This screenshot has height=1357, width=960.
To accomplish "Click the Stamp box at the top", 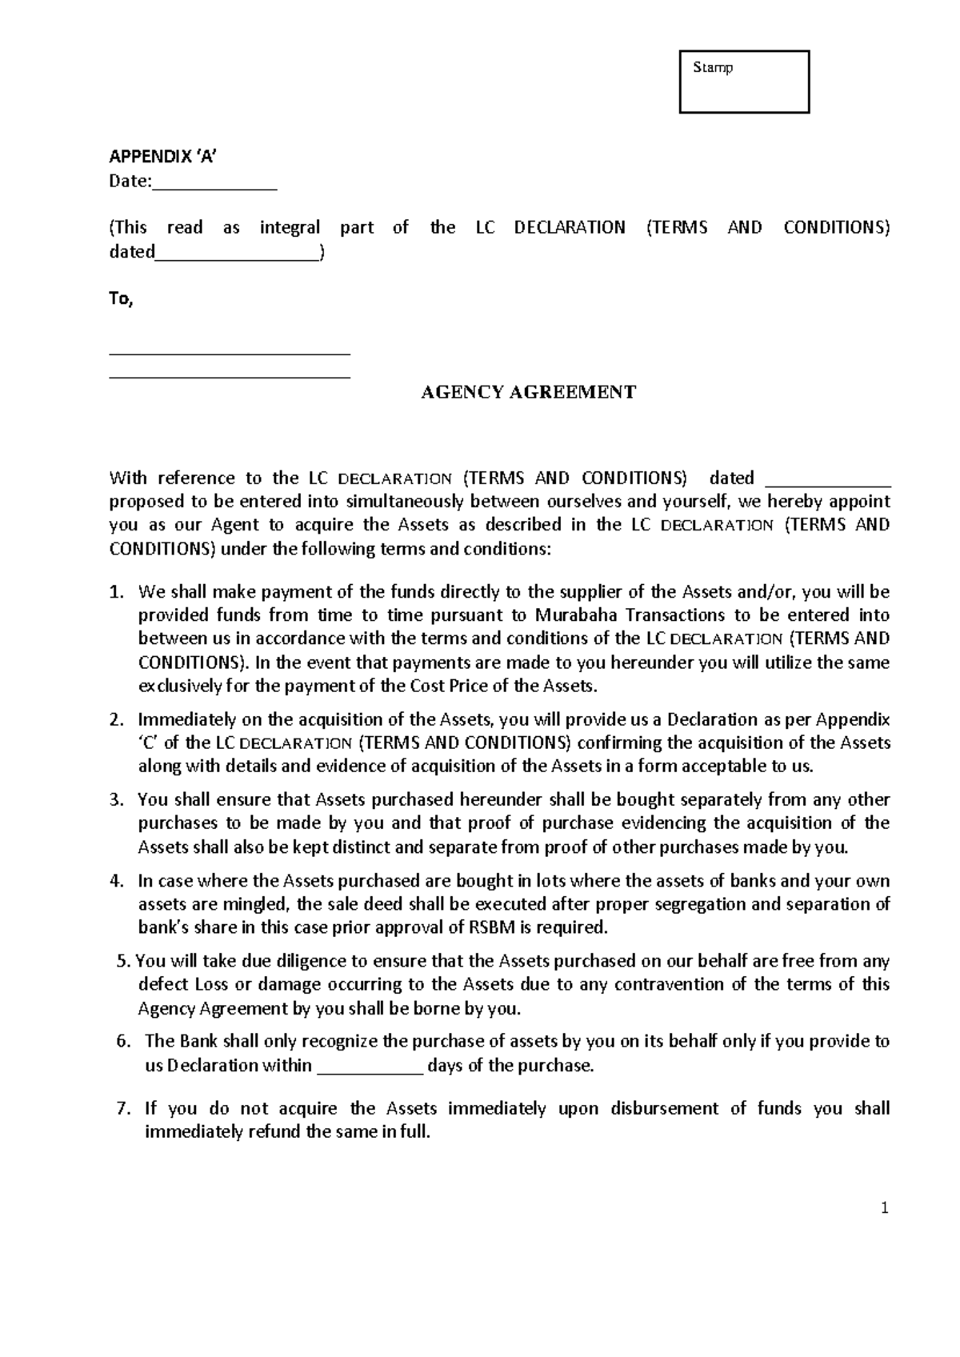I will click(744, 82).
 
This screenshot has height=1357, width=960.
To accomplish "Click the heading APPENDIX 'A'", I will click(163, 158).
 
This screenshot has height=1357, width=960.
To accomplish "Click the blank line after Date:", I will click(214, 183).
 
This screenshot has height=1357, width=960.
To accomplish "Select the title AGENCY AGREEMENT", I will click(528, 392).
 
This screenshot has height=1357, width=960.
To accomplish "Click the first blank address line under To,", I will click(230, 352).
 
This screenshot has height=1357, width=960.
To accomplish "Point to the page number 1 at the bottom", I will click(885, 1209).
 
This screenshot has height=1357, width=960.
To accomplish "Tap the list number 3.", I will click(116, 800).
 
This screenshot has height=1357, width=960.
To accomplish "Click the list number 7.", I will click(122, 1109).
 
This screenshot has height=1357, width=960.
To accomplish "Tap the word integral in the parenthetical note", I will click(290, 228).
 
